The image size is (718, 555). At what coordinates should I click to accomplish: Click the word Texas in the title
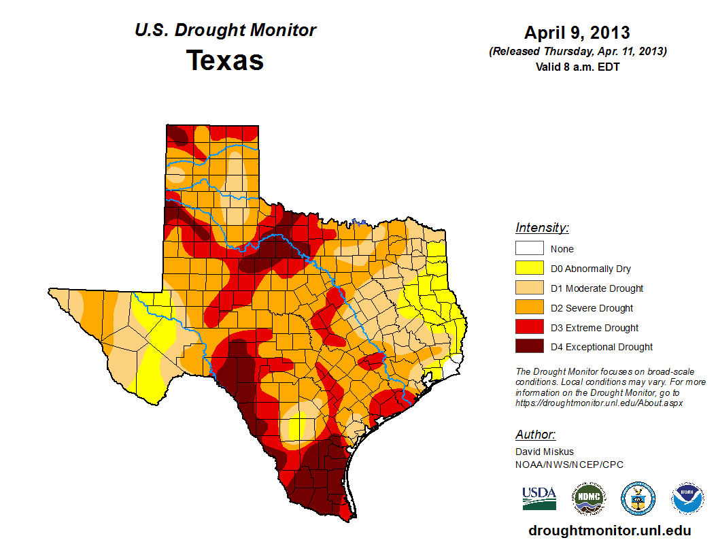pos(225,61)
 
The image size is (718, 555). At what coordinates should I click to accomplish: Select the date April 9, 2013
pos(577,33)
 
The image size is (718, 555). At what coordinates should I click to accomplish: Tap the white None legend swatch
pos(529,248)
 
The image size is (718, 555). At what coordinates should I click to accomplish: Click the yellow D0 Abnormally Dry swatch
pos(529,268)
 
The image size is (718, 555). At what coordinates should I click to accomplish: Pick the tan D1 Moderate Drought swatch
pos(529,288)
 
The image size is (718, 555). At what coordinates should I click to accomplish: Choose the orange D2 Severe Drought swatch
pos(529,307)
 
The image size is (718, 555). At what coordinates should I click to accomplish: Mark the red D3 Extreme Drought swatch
pos(529,327)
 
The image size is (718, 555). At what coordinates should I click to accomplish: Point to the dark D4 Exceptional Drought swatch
pos(529,347)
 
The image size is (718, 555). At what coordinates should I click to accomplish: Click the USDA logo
pos(539,498)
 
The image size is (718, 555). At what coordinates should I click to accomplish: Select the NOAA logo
pos(687,498)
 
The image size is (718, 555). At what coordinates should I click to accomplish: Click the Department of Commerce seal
pos(638,498)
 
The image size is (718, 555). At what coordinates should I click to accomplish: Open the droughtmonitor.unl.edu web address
pos(610,531)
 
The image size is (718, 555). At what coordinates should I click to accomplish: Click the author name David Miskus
pos(545,452)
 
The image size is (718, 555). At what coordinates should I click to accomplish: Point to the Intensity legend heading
pos(542,228)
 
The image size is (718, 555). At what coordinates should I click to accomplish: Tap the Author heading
pos(535,435)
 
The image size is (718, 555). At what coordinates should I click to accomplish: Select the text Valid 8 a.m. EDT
pos(577,67)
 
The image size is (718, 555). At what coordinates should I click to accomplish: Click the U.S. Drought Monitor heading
pos(225,31)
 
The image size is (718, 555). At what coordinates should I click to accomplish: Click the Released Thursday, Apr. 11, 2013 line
pos(577,52)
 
